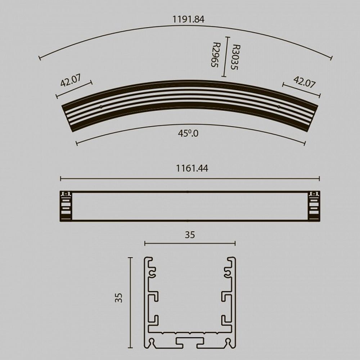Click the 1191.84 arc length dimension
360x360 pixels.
[x=188, y=19]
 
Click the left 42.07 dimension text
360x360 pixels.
[x=70, y=81]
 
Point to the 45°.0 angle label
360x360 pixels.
[x=188, y=134]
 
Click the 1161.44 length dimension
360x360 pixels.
[x=192, y=168]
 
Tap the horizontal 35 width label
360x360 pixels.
[x=190, y=235]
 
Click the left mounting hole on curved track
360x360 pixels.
[x=101, y=107]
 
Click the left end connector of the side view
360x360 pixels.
[x=66, y=206]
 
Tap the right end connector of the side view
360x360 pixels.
[x=314, y=206]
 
